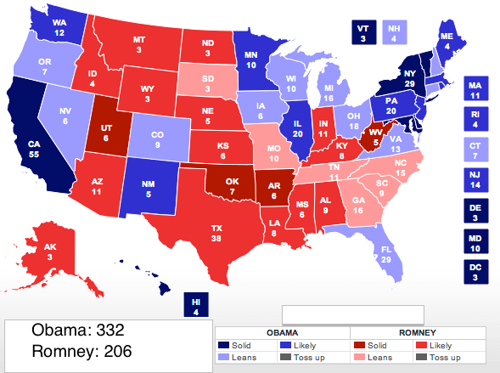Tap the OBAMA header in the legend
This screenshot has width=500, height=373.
coord(282,333)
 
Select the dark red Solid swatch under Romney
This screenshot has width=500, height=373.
coord(357,346)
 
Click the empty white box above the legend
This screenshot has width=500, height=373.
coord(351,315)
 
